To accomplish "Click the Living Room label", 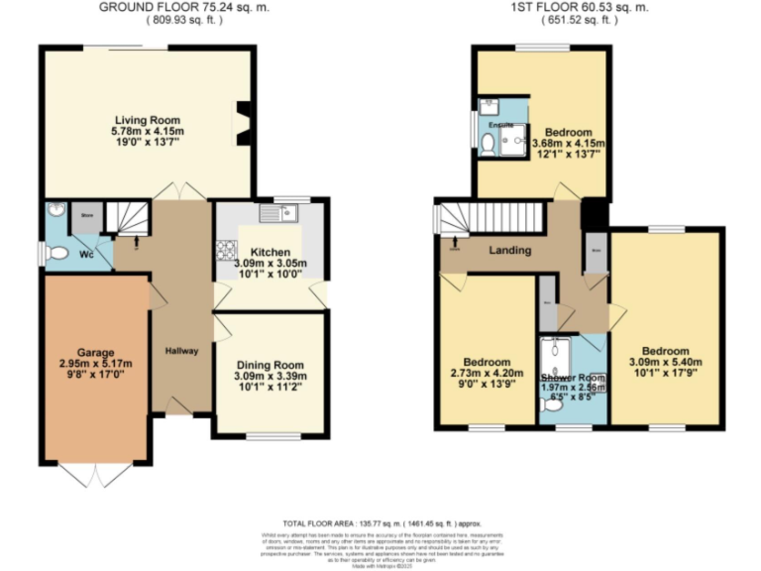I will pyautogui.click(x=146, y=120).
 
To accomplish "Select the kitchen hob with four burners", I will pyautogui.click(x=225, y=251).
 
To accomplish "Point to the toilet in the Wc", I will pyautogui.click(x=57, y=255).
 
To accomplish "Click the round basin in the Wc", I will pyautogui.click(x=54, y=210).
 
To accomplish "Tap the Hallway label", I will pyautogui.click(x=182, y=351).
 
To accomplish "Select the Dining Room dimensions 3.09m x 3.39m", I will pyautogui.click(x=270, y=376).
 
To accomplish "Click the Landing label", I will pyautogui.click(x=510, y=251).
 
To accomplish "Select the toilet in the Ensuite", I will pyautogui.click(x=488, y=144).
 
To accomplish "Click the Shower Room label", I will pyautogui.click(x=572, y=378).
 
